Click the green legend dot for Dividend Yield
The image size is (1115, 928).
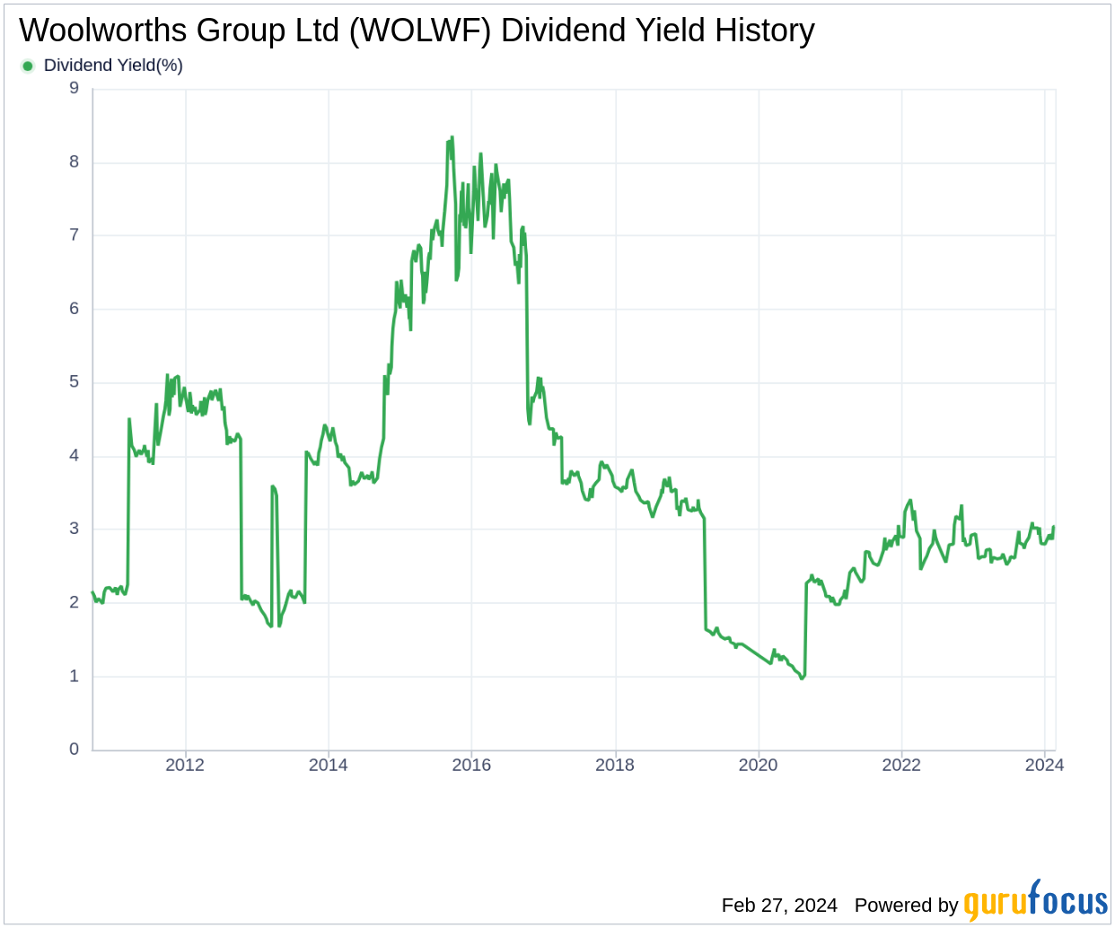coord(28,66)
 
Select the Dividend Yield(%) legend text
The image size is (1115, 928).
coord(113,66)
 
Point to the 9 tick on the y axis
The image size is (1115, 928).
coord(75,88)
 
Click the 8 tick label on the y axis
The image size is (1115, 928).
coord(75,162)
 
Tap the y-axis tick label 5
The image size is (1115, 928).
coord(75,382)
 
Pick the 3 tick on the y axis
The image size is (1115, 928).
coord(75,529)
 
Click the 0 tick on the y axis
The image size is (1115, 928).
coord(75,749)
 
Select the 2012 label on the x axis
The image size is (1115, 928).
coord(185,766)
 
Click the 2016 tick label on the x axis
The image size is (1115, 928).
coord(471,766)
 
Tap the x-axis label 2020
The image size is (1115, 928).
coord(758,766)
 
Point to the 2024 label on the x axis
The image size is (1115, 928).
coord(1044,766)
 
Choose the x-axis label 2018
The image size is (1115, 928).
coord(615,766)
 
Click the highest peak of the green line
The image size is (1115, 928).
coord(452,137)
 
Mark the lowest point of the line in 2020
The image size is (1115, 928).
coord(802,678)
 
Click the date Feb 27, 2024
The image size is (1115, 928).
coord(779,906)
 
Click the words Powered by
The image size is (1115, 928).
coord(906,906)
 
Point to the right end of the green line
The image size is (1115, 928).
coord(1053,528)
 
